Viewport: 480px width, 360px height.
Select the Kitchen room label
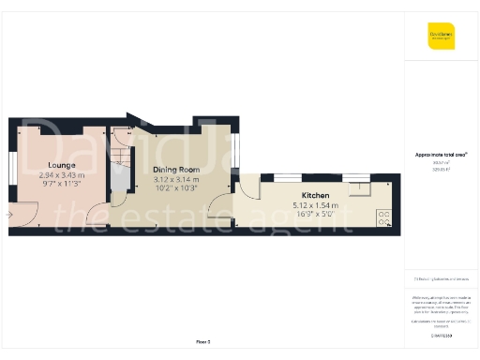315,195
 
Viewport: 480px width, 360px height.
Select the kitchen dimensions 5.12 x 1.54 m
315,204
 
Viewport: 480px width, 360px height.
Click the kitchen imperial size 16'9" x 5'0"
315,214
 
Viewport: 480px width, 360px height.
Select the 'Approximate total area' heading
441,154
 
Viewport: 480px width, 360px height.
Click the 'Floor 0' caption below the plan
202,341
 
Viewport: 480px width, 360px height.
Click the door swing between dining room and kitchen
220,208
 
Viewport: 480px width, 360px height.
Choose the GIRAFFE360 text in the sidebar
442,336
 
